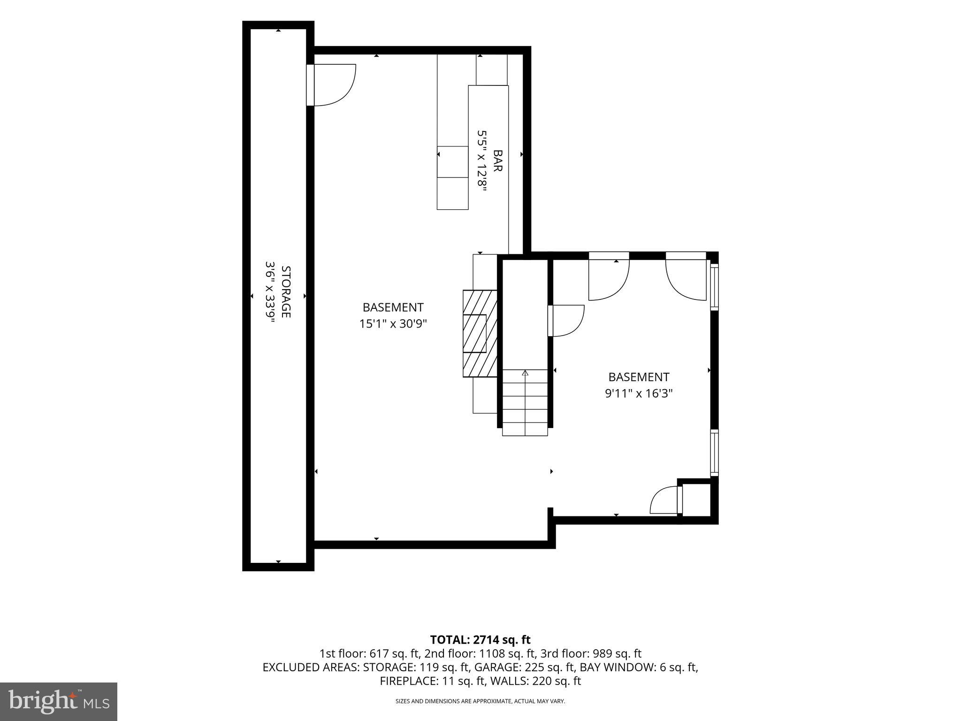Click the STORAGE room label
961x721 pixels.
click(x=286, y=291)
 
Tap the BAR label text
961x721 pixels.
click(x=498, y=161)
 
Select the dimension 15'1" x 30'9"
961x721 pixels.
click(x=393, y=323)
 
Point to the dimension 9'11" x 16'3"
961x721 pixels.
click(x=639, y=393)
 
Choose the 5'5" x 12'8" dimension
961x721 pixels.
click(x=482, y=161)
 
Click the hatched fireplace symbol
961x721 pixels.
click(x=480, y=333)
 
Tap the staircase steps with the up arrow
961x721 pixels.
click(x=525, y=403)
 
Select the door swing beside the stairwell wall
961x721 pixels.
click(x=566, y=321)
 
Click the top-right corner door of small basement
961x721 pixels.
click(x=686, y=276)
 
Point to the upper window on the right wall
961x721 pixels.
click(x=714, y=287)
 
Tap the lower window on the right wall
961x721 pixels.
click(x=714, y=453)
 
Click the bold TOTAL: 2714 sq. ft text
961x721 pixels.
click(x=480, y=639)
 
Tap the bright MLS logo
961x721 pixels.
click(x=59, y=701)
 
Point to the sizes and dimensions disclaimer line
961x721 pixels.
click(x=480, y=701)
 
